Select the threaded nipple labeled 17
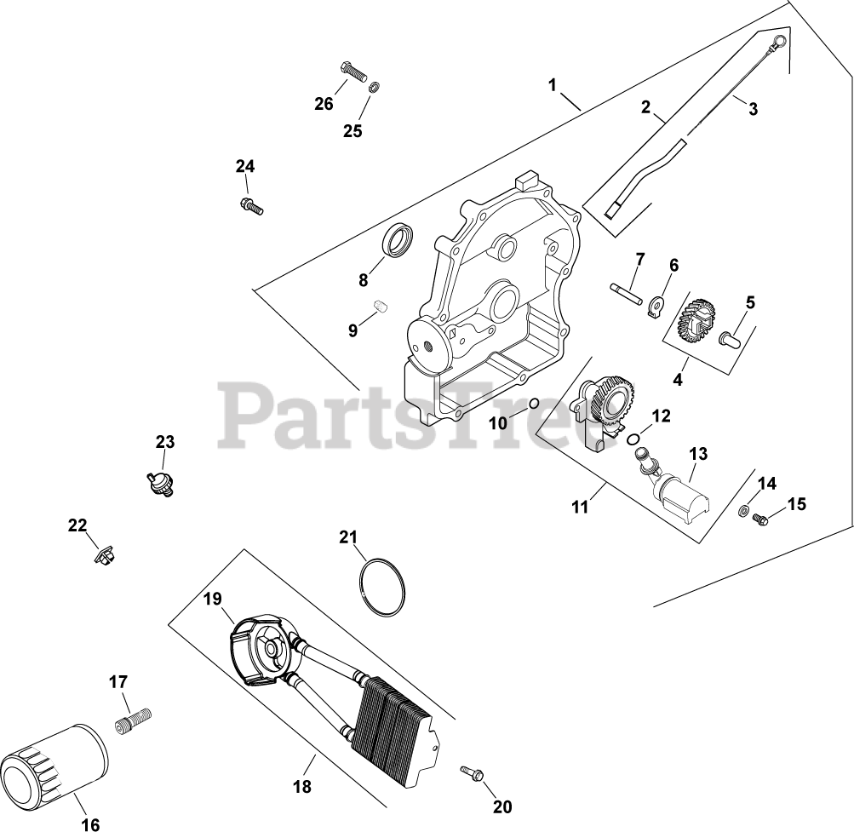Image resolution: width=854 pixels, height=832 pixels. click(132, 720)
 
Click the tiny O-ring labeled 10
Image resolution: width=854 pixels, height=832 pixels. click(533, 403)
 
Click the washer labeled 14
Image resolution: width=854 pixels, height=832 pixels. click(742, 511)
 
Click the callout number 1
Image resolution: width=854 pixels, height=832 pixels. click(553, 85)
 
